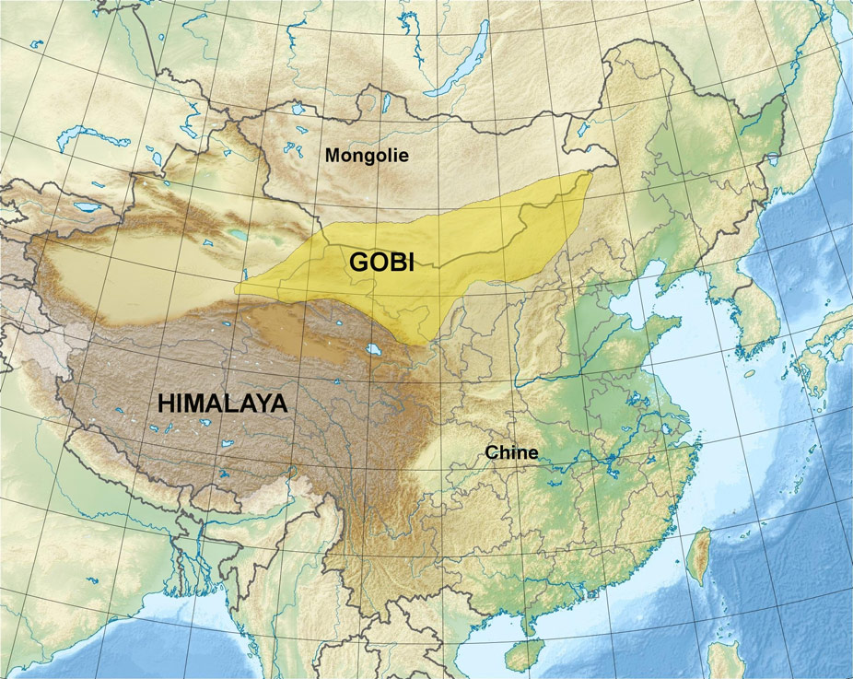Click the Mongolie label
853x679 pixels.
[x=367, y=156]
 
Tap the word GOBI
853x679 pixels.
[x=381, y=263]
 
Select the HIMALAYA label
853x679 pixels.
[x=223, y=404]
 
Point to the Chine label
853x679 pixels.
[x=511, y=452]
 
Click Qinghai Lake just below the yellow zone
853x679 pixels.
[x=374, y=350]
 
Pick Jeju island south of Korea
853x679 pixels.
[x=750, y=374]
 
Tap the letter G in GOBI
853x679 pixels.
[x=358, y=263]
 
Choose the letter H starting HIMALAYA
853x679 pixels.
[x=165, y=404]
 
